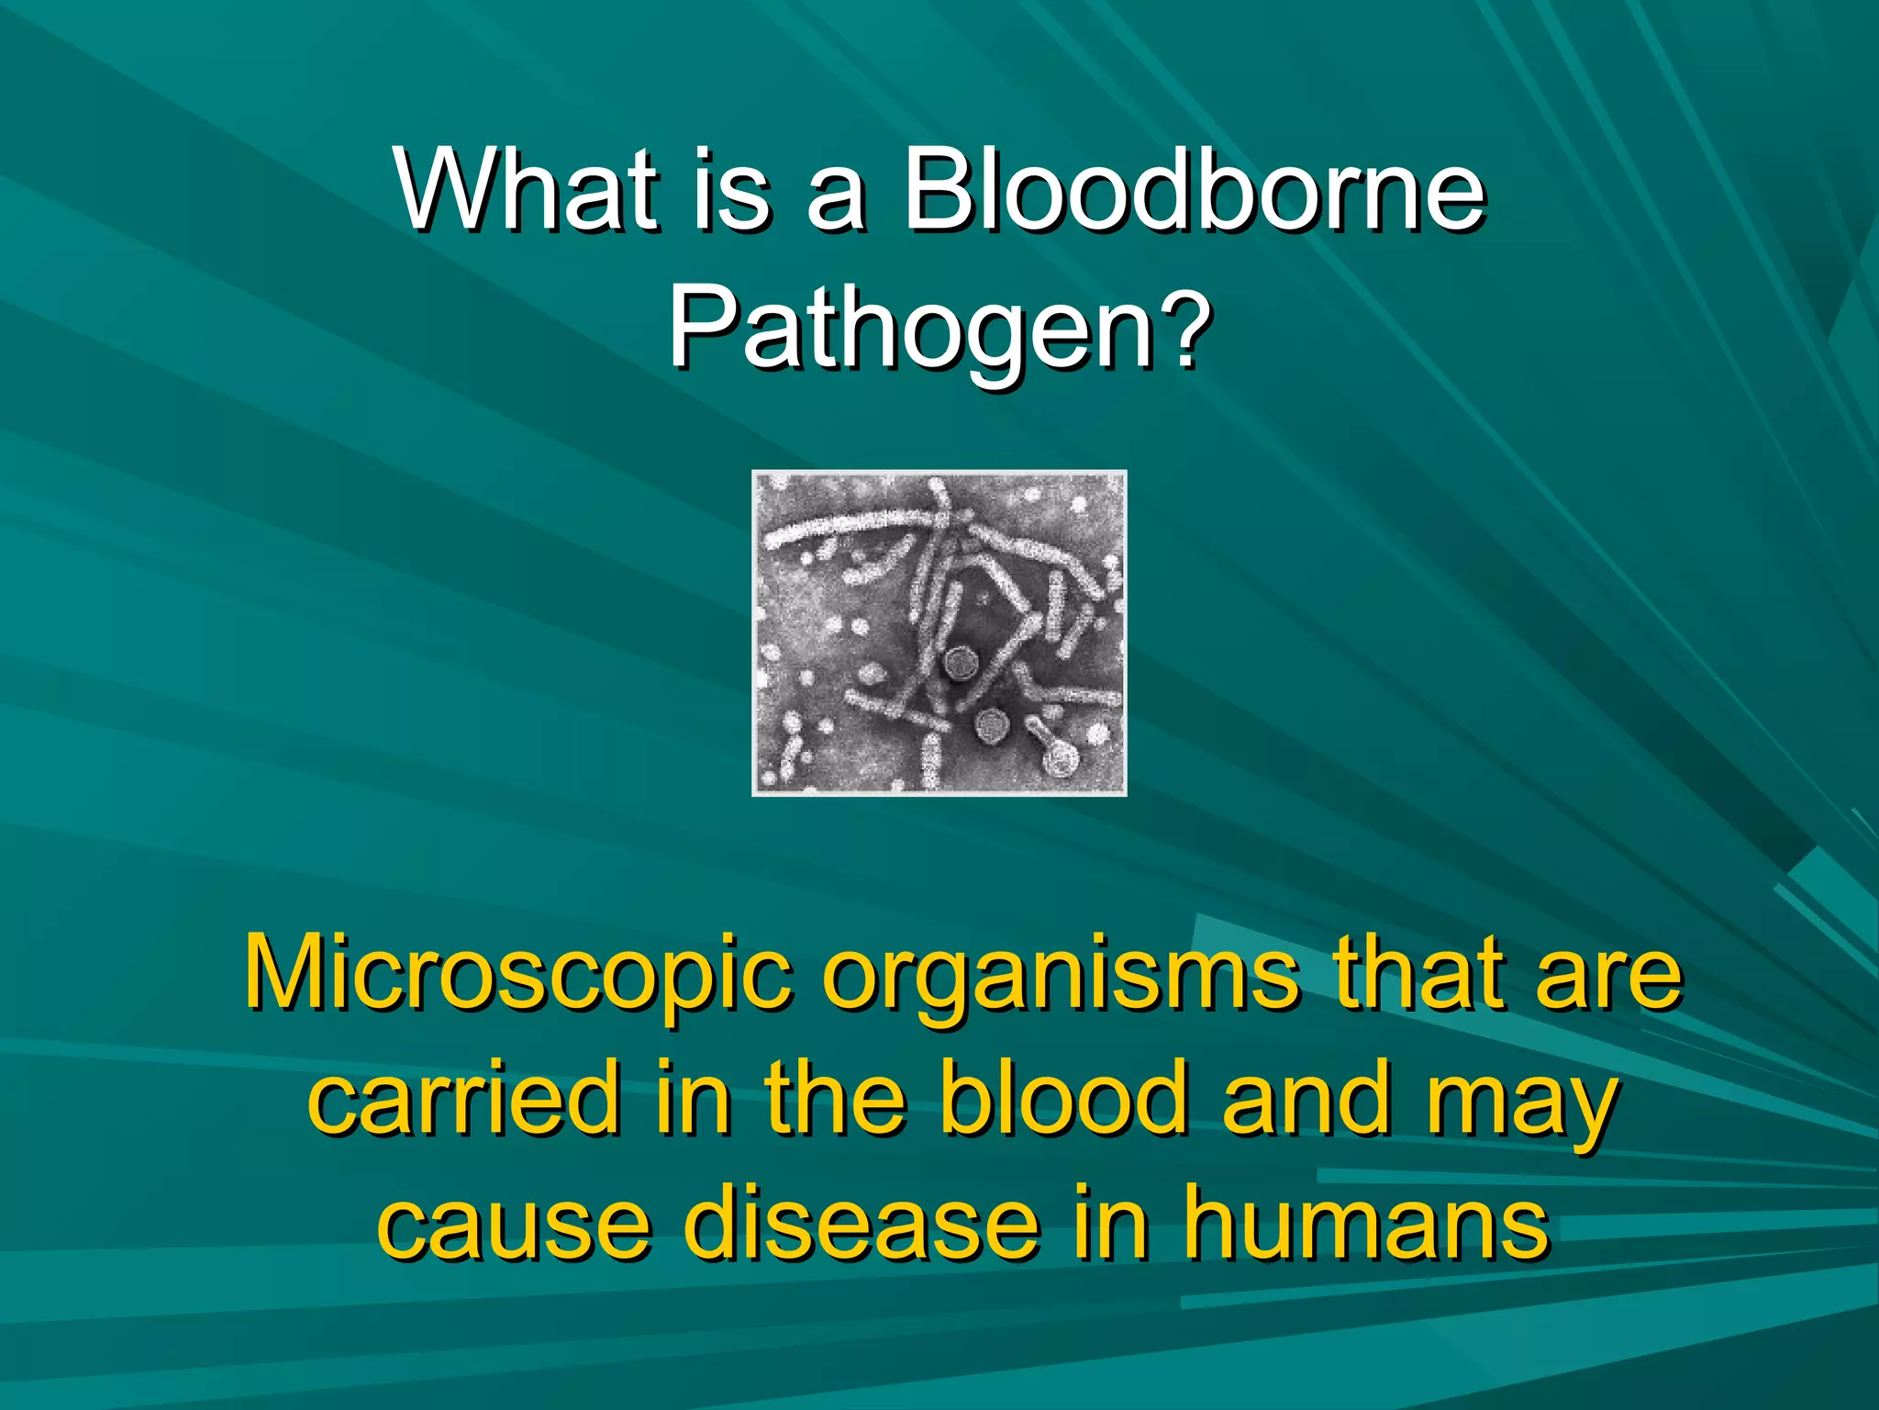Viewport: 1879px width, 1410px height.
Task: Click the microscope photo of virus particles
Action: point(939,632)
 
